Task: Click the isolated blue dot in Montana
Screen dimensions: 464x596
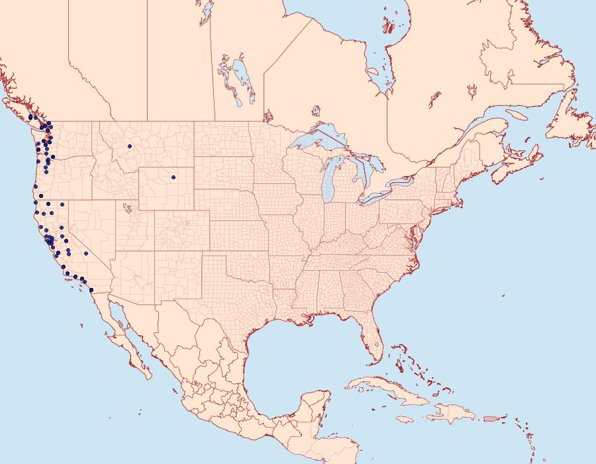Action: (x=130, y=146)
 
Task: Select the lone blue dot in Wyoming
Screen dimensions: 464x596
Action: (x=173, y=177)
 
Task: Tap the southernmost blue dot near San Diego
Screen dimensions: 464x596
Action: (x=91, y=289)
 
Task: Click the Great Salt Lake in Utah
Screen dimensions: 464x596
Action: (x=124, y=207)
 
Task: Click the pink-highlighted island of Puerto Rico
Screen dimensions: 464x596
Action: (x=489, y=418)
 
